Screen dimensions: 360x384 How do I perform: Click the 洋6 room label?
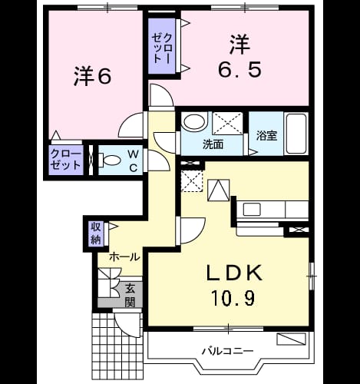pos(92,76)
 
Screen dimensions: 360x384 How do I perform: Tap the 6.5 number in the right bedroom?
pos(240,70)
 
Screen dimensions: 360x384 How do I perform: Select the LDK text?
pos(234,273)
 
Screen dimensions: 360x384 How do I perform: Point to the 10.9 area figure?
pos(233,299)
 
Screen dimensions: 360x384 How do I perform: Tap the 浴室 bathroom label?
pos(266,136)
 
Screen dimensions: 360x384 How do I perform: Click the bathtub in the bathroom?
pos(296,134)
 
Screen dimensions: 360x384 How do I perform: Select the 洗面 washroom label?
pos(213,144)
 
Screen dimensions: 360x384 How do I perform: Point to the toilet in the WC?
pos(109,161)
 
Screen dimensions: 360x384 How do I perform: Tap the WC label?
pos(134,161)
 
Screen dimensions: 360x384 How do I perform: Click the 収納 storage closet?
pos(96,233)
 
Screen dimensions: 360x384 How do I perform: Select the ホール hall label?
pos(124,257)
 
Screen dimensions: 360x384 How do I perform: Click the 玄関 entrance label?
pos(130,296)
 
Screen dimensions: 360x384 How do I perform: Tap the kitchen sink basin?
pos(252,210)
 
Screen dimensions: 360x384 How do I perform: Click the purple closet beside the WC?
pos(66,160)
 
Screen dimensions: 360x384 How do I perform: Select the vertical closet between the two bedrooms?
pos(162,46)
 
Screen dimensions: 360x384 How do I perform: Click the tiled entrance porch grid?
pos(117,348)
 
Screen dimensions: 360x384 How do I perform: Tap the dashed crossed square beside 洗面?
pos(227,123)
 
